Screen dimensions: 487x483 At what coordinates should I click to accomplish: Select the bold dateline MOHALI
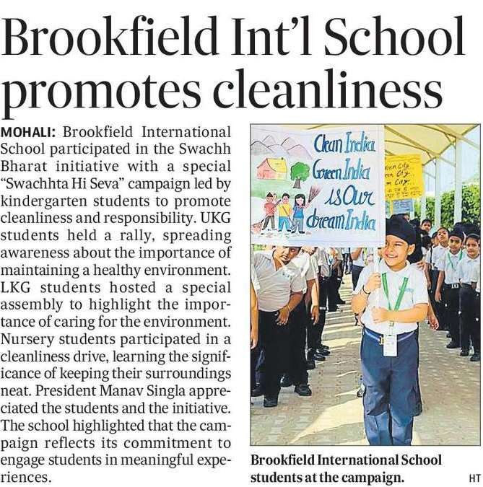(29, 133)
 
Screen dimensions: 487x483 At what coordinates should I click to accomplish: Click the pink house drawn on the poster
(273, 167)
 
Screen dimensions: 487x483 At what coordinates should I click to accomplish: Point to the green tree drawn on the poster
(300, 173)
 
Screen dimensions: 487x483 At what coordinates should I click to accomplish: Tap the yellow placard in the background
(403, 177)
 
